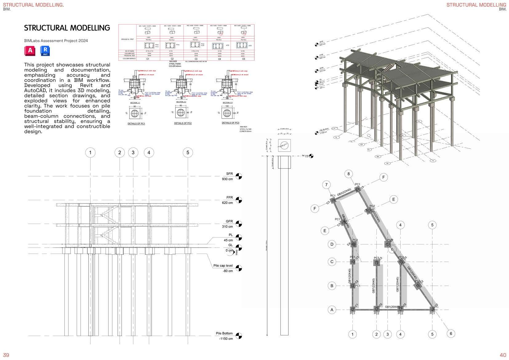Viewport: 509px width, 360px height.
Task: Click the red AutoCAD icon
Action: pos(30,51)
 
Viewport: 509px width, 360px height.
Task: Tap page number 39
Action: pos(6,355)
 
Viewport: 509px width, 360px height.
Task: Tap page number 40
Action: pos(503,355)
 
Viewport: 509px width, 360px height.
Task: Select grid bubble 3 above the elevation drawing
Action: pos(133,152)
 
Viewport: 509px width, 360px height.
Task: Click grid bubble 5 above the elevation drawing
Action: pos(188,152)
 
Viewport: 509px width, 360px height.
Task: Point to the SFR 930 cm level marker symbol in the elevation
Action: pos(239,176)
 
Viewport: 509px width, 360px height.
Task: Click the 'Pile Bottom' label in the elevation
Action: pos(224,334)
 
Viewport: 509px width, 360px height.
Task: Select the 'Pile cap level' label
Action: pos(223,266)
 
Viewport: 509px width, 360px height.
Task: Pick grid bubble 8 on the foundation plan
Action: pos(348,174)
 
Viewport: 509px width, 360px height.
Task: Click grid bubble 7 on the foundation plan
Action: pos(326,185)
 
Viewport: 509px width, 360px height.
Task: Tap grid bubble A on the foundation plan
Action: pos(332,310)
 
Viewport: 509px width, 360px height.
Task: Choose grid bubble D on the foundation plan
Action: pos(332,245)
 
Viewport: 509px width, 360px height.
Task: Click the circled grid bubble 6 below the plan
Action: pos(451,334)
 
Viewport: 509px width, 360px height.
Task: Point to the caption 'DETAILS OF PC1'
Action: pos(136,123)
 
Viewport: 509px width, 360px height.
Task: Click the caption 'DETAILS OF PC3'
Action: pos(230,123)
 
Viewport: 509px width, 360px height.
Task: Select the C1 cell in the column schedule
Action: pos(148,59)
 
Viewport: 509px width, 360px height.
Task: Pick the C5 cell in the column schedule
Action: pos(243,59)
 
